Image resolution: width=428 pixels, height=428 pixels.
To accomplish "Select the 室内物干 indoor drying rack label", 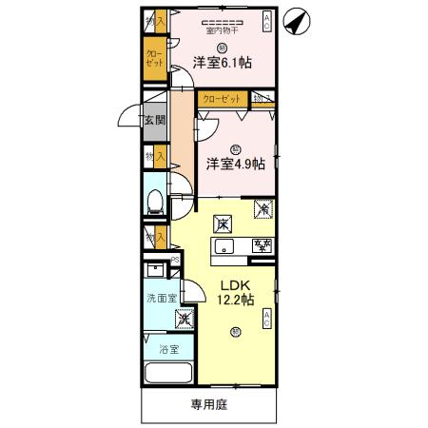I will (222, 29).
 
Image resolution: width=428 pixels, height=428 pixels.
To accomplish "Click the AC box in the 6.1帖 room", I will (267, 21).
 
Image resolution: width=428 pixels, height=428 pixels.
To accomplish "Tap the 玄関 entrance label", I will (155, 120).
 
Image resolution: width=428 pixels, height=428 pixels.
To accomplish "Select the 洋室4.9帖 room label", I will (235, 163).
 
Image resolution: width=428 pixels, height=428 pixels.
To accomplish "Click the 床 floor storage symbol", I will (222, 224).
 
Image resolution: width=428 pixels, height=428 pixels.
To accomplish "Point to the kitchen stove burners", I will (262, 247).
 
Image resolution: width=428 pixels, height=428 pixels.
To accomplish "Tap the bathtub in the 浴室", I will (167, 374).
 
